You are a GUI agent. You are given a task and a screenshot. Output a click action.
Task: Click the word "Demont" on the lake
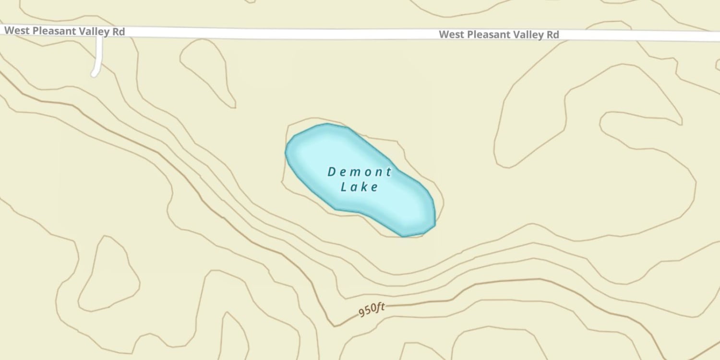(360, 172)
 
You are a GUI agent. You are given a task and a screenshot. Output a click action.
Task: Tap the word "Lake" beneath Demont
(360, 187)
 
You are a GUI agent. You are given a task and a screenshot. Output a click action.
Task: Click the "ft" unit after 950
(380, 307)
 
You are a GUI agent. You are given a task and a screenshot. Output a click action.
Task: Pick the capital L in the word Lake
(344, 187)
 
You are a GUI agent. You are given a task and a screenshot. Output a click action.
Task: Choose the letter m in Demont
(359, 172)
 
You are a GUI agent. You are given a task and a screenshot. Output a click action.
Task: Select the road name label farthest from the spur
(499, 35)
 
